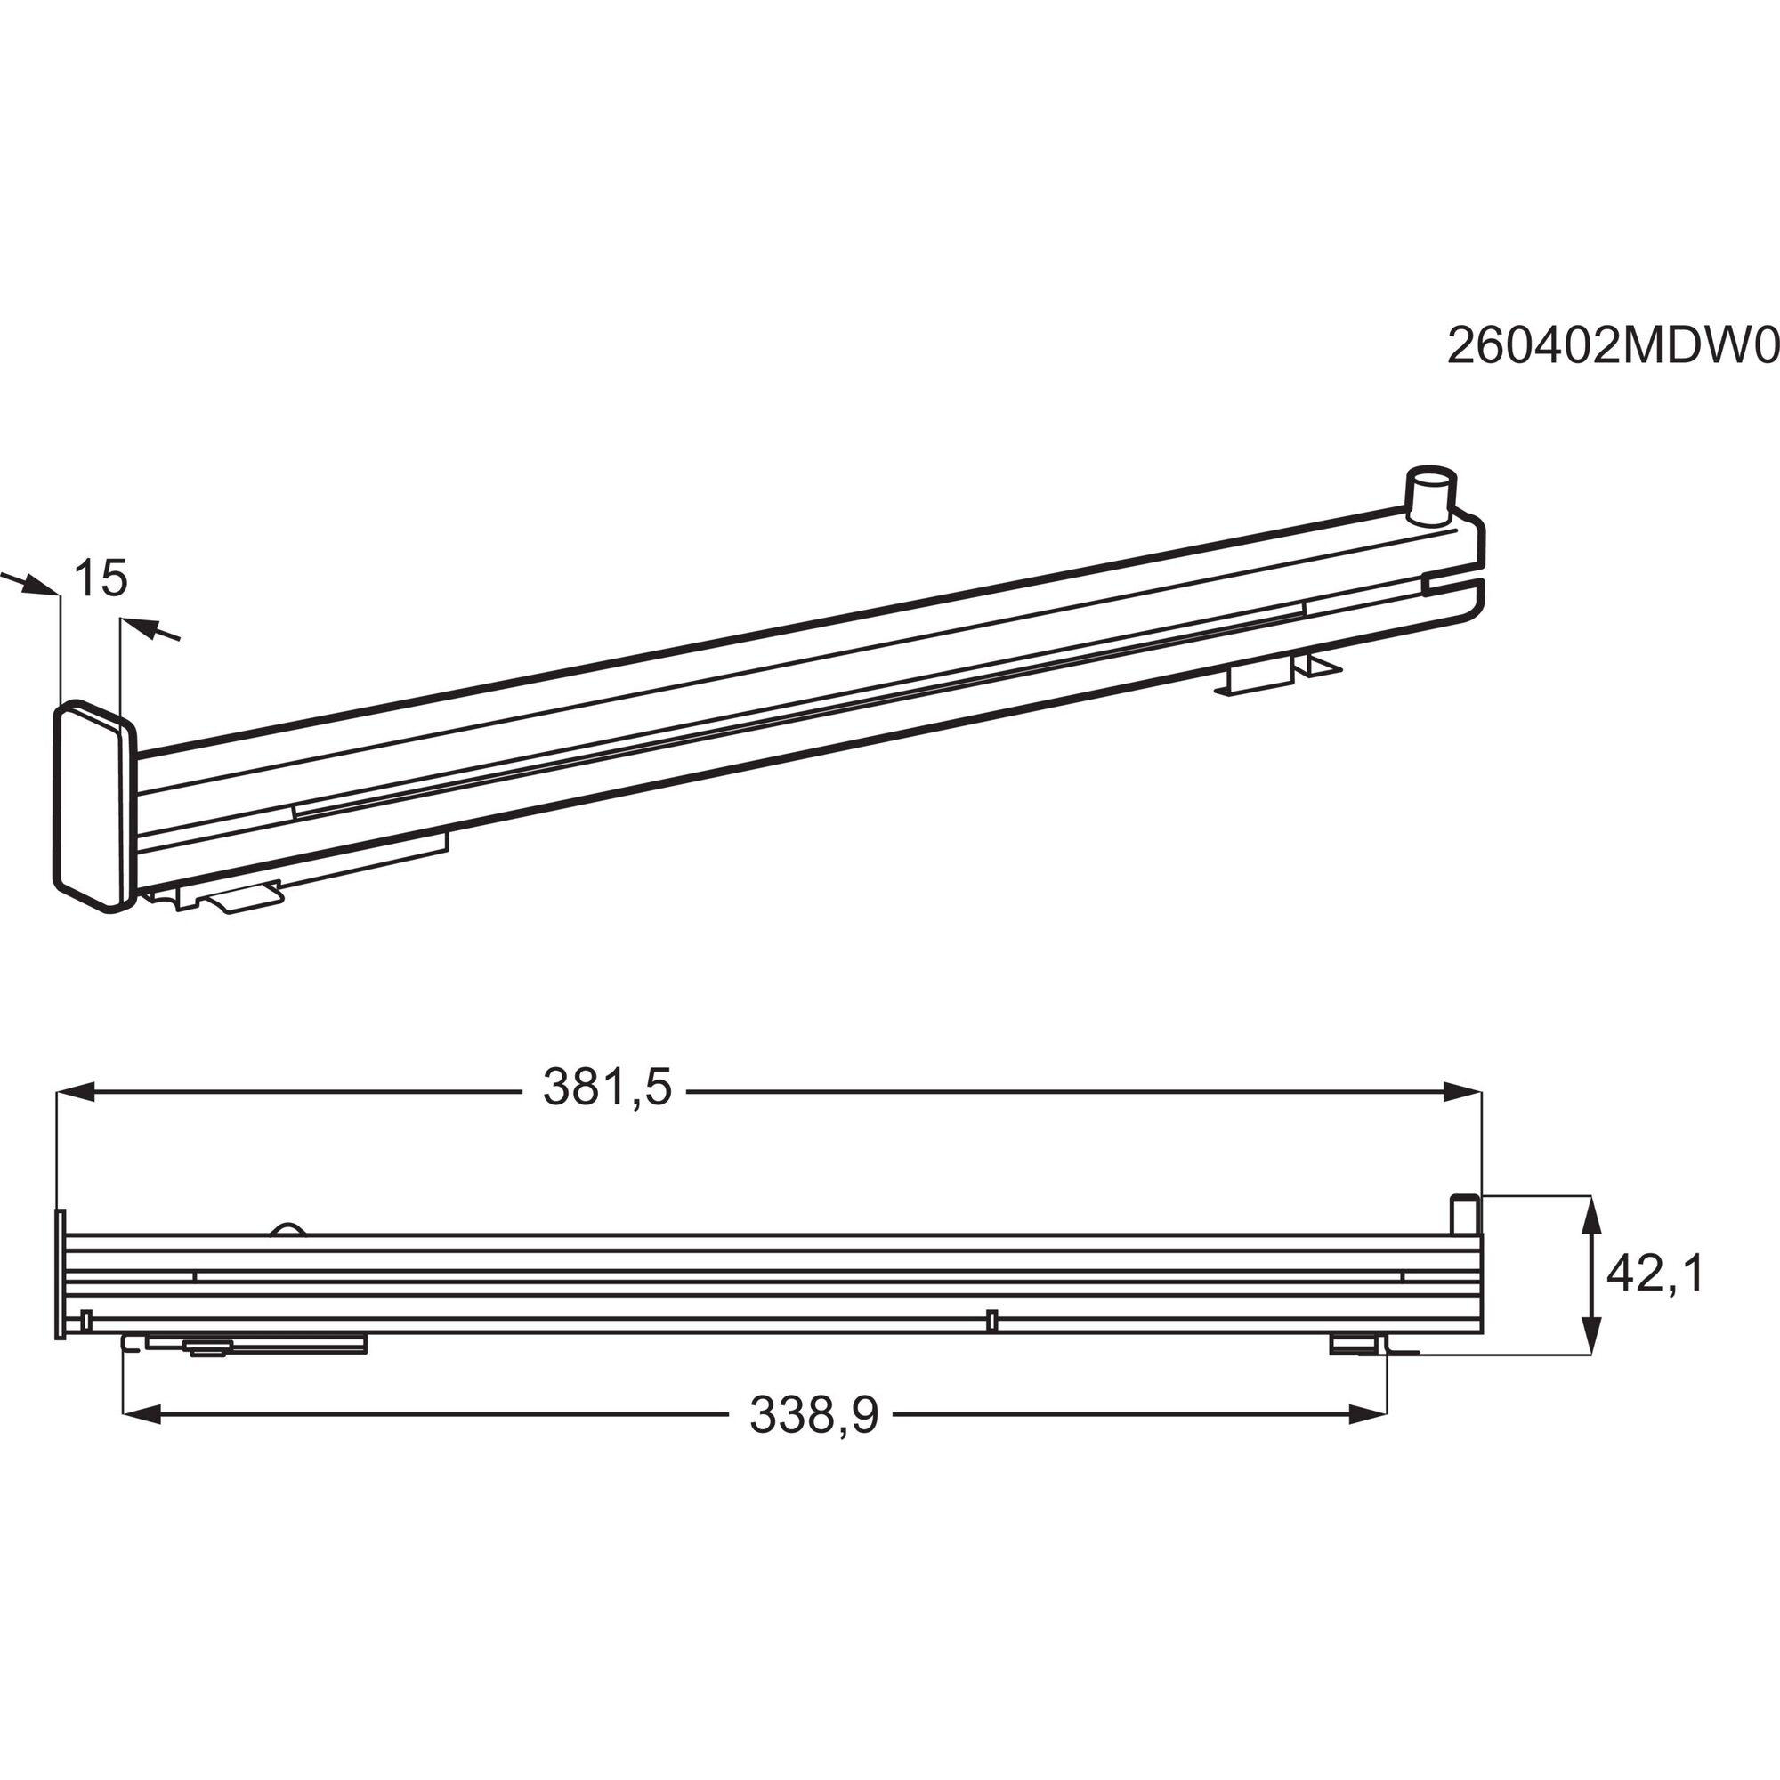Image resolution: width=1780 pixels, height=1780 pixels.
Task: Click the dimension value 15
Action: click(x=100, y=578)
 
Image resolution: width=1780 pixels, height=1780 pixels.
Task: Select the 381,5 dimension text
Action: click(x=607, y=1089)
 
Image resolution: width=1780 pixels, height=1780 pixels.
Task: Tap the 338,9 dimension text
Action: click(x=813, y=1415)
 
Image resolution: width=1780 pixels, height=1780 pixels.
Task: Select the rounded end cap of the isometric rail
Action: click(x=96, y=807)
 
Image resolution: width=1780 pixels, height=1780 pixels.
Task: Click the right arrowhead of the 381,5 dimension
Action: click(x=1462, y=1093)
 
